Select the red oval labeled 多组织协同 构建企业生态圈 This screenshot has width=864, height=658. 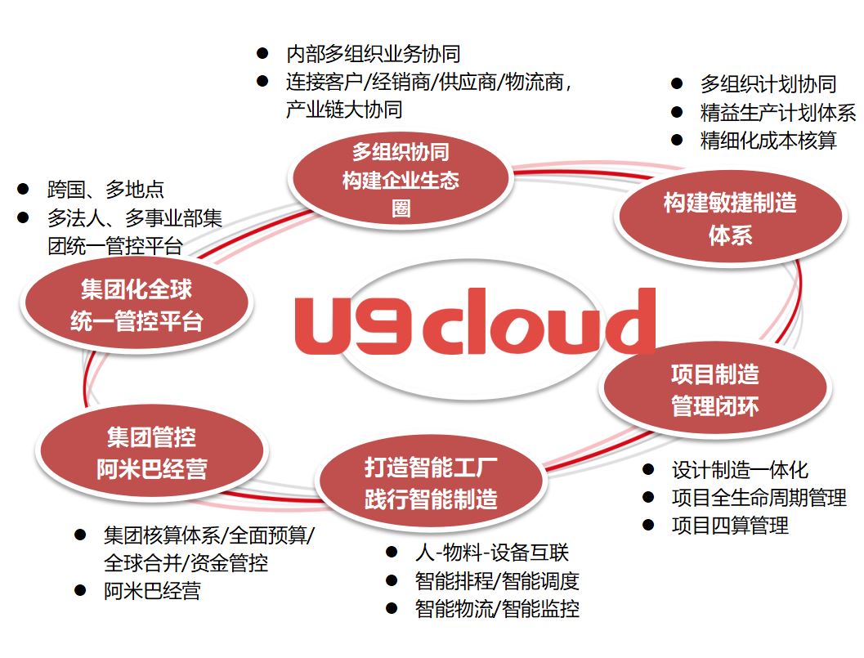tap(401, 180)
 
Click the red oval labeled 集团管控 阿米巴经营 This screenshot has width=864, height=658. tap(151, 452)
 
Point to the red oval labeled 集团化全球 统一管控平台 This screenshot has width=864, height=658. tap(137, 305)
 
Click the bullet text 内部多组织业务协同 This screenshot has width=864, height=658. tap(373, 54)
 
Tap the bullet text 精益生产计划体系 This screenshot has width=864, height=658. tap(777, 112)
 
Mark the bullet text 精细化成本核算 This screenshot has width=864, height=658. tap(768, 141)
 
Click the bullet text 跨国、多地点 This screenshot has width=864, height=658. tap(105, 190)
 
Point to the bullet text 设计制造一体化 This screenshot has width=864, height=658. tap(740, 470)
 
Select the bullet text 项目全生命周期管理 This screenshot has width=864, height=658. tap(759, 498)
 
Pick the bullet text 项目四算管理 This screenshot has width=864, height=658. tap(730, 526)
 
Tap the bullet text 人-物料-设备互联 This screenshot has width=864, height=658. tap(491, 553)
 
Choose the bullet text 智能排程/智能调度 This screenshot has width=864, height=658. tap(497, 581)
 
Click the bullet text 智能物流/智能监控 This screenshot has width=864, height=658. tap(497, 609)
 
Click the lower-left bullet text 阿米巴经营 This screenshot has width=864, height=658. tap(152, 591)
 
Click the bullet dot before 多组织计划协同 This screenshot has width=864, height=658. tap(677, 83)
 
